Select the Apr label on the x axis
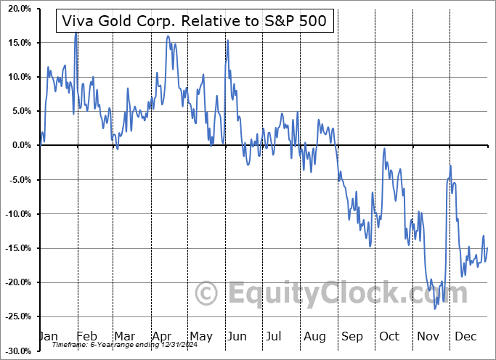point(161,337)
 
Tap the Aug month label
point(314,337)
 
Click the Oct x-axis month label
point(390,337)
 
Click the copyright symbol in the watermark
point(207,293)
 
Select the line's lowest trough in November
point(435,308)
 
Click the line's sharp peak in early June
point(227,40)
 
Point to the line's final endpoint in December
point(487,248)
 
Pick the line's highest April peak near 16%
point(168,36)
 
